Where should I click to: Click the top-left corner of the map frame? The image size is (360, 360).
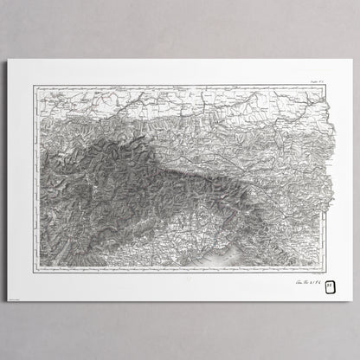click(x=34, y=85)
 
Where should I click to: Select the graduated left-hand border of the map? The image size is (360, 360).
click(x=35, y=173)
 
